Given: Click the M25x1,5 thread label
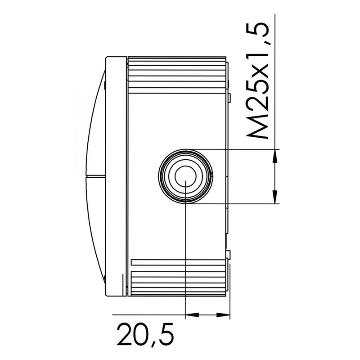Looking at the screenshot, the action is coord(257,81).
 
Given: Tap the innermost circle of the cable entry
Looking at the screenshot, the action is coord(185,176).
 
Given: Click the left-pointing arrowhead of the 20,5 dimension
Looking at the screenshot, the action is coord(192,315).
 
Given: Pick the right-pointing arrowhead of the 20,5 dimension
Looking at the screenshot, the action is coord(223,315).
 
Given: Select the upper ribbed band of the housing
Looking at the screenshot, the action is coord(177,75).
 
